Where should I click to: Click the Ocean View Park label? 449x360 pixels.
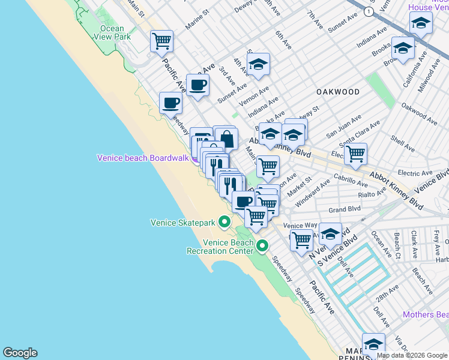point(112,32)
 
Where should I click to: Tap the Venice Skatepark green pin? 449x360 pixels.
point(224,223)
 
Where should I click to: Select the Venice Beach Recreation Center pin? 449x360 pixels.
point(262,245)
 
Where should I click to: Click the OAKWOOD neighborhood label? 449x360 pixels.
point(338,92)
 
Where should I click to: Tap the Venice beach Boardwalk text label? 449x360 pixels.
point(143,158)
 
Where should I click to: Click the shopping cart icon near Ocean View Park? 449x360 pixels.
point(161,41)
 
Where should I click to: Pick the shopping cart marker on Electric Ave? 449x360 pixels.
point(356,153)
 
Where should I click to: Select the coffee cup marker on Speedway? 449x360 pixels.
point(170,103)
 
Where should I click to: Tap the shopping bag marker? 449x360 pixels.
point(226,139)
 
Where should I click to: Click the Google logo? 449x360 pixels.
point(20,353)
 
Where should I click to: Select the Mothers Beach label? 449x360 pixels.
point(425,314)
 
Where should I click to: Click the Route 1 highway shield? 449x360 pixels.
point(367,11)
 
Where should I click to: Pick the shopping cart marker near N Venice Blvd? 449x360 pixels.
point(301,239)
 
